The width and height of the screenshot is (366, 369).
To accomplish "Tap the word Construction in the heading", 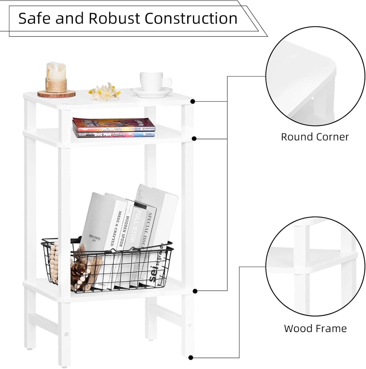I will coord(191,18).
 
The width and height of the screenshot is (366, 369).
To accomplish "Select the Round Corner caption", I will coord(315,137).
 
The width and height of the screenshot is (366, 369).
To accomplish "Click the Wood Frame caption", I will coord(315,328).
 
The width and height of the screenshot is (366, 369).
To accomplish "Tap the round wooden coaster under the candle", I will coord(56,94).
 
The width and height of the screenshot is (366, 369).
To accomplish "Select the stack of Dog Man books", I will coord(114,128).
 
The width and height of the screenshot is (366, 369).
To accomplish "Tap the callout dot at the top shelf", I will coord(193,102).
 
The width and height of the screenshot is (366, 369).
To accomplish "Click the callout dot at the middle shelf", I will coord(194,139).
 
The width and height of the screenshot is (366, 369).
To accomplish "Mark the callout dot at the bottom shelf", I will coord(195,291).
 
